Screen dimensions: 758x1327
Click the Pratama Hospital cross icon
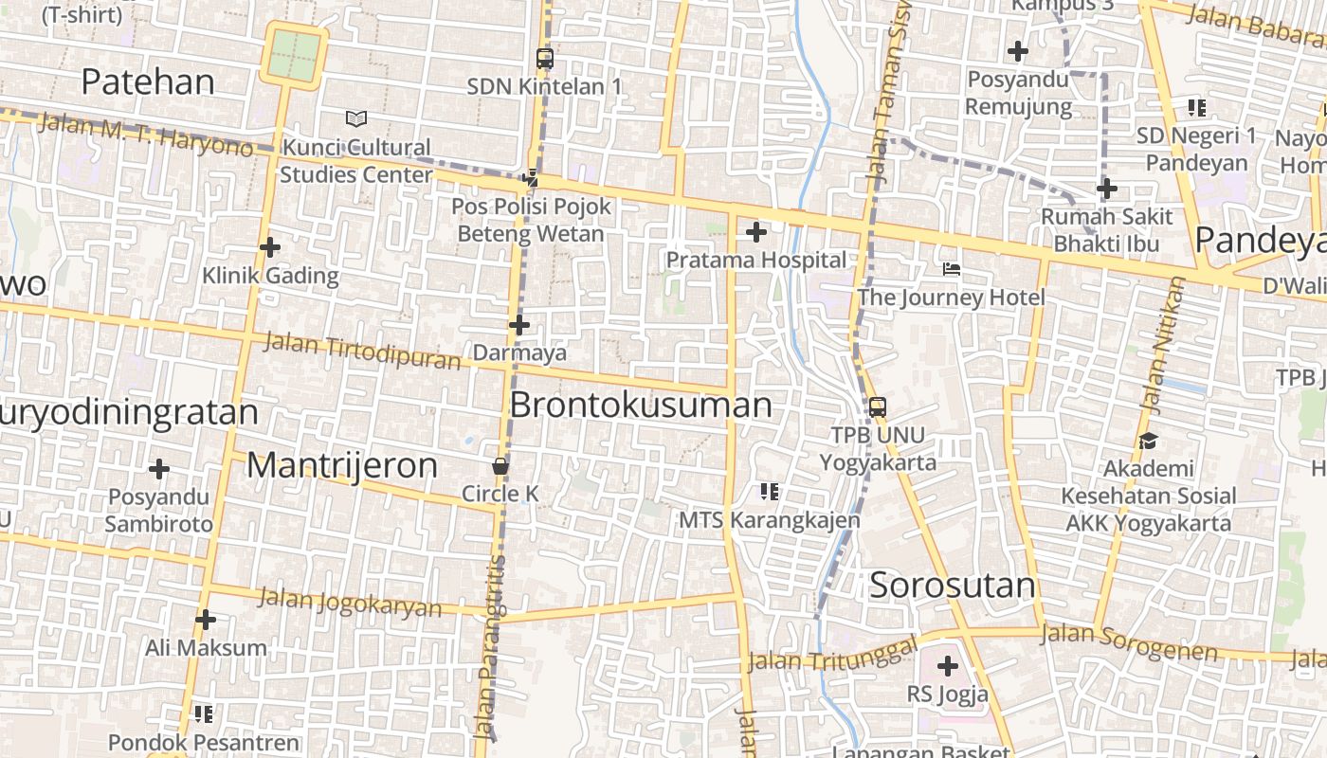pyautogui.click(x=756, y=231)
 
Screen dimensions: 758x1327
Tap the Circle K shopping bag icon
pyautogui.click(x=500, y=466)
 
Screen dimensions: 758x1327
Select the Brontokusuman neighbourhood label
pyautogui.click(x=641, y=406)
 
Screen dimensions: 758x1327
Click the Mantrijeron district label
pyautogui.click(x=342, y=465)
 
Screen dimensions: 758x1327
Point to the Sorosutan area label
pyautogui.click(x=953, y=585)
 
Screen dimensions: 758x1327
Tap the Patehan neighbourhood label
pyautogui.click(x=148, y=81)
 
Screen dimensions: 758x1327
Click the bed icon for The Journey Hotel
pyautogui.click(x=952, y=270)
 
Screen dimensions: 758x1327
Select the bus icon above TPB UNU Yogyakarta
pyautogui.click(x=878, y=407)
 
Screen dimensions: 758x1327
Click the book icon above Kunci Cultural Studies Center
pyautogui.click(x=356, y=119)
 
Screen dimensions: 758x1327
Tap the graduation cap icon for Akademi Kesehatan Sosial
pyautogui.click(x=1149, y=441)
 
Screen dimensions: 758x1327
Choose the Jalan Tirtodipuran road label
pyautogui.click(x=362, y=350)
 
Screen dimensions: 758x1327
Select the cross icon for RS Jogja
pyautogui.click(x=947, y=666)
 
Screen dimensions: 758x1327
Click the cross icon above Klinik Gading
pyautogui.click(x=270, y=247)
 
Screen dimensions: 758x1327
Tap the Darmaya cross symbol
pyautogui.click(x=519, y=325)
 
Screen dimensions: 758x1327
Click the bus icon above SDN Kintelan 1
pyautogui.click(x=544, y=59)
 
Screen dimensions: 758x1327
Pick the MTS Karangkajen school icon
pyautogui.click(x=770, y=491)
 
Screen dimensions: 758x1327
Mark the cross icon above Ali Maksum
pyautogui.click(x=206, y=621)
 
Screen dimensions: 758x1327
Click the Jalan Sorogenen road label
pyautogui.click(x=1129, y=641)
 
